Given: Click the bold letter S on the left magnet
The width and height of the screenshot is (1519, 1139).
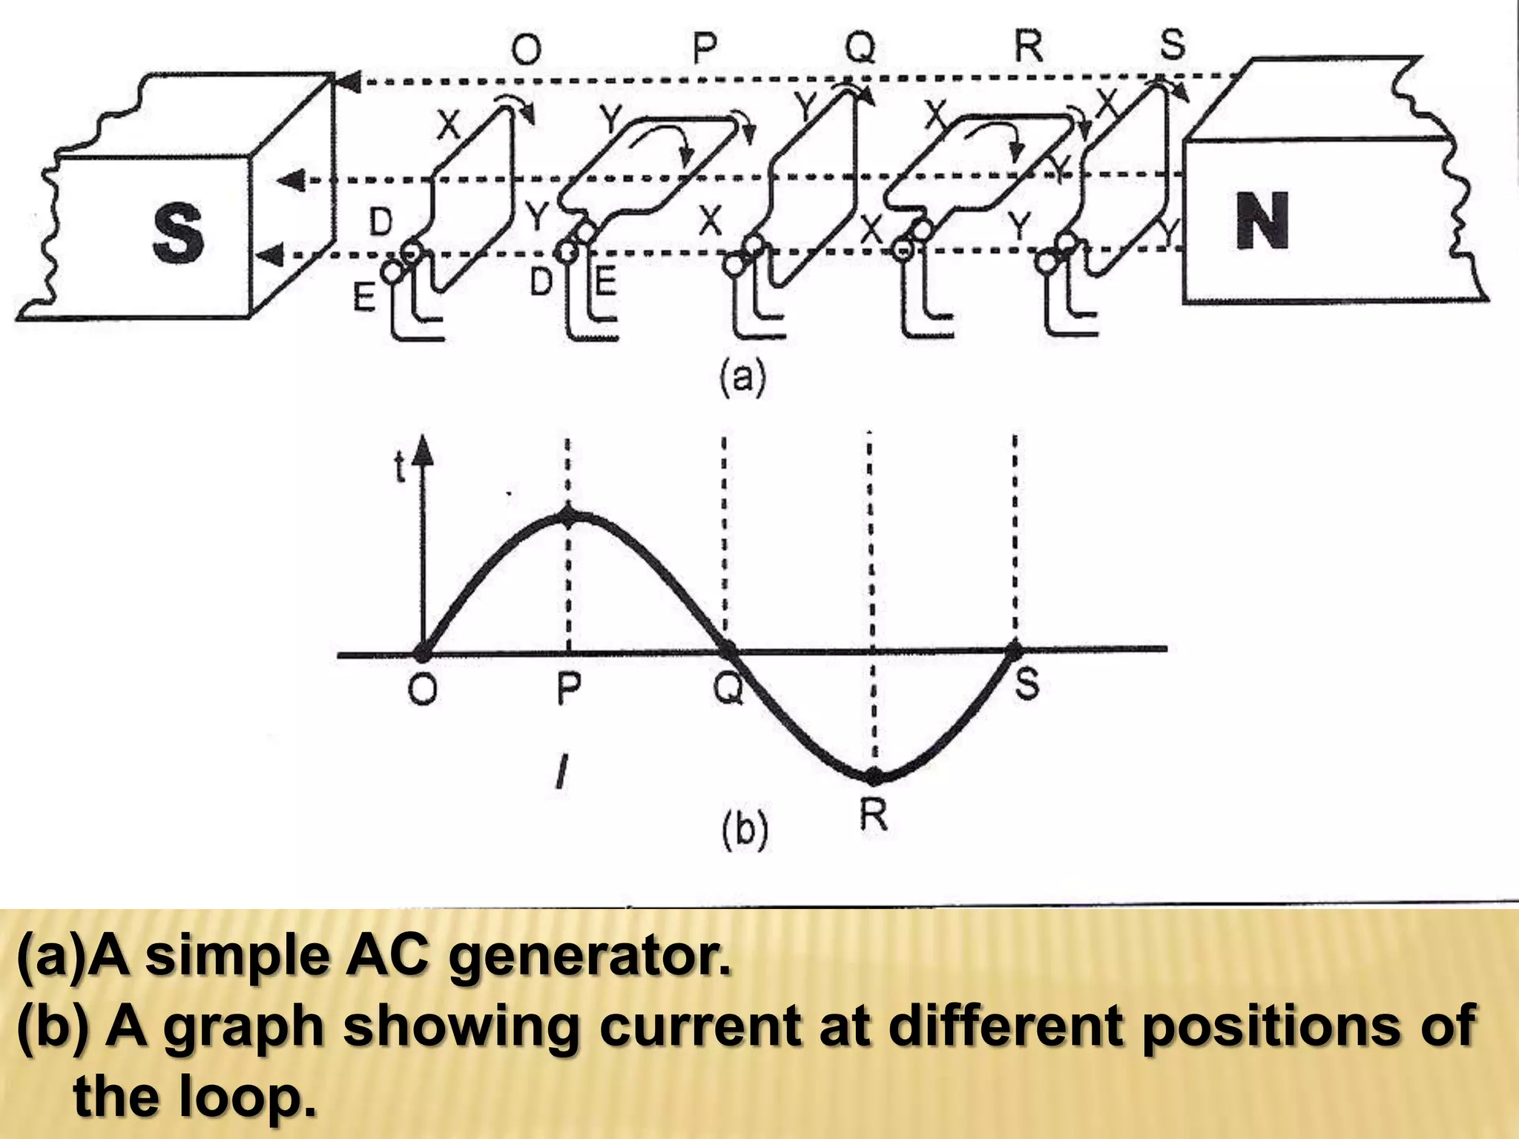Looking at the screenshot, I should click(x=178, y=234).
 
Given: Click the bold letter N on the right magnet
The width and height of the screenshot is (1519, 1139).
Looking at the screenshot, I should click(x=1262, y=219).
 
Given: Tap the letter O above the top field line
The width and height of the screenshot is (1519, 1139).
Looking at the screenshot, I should click(x=526, y=50).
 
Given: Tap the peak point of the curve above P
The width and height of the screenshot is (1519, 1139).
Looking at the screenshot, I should click(x=568, y=518).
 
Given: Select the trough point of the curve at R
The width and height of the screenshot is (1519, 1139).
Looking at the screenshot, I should click(x=874, y=776).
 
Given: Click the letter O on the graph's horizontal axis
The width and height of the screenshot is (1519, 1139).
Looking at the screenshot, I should click(x=422, y=690).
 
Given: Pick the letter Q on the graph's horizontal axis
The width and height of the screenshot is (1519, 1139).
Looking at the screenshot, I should click(x=728, y=690).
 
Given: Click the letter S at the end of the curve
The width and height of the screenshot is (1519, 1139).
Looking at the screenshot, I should click(x=1027, y=683).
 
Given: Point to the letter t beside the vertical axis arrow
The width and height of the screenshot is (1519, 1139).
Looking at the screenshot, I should click(x=401, y=468).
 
